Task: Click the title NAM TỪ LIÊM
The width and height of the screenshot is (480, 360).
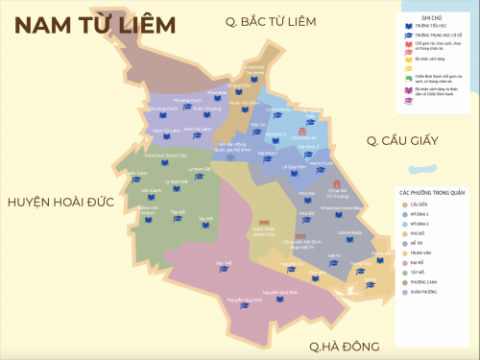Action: tap(96, 24)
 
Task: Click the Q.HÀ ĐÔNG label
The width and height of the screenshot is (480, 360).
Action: tap(344, 346)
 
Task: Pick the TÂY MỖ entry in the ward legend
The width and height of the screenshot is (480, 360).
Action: tap(420, 272)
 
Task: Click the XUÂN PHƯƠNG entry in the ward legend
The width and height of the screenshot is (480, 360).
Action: tap(424, 293)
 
